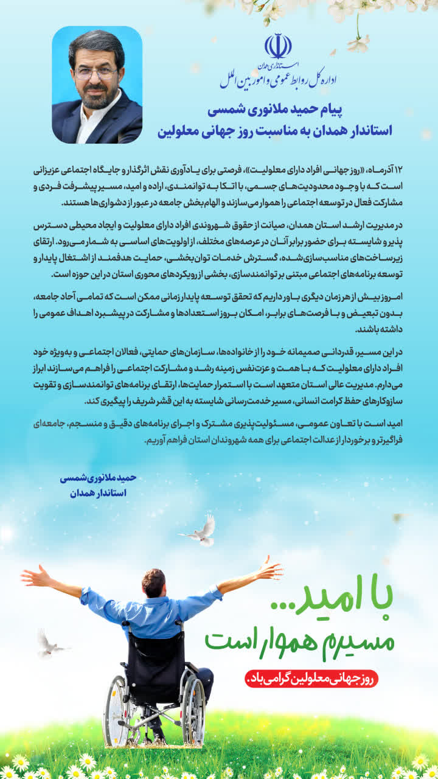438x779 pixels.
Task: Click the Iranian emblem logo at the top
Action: point(277,46)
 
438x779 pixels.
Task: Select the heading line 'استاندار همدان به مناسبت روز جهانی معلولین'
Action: point(275,130)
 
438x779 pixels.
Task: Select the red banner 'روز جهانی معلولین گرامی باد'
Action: point(311,679)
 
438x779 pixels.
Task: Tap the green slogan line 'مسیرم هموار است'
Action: point(299,639)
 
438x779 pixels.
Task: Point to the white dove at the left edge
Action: point(49,644)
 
